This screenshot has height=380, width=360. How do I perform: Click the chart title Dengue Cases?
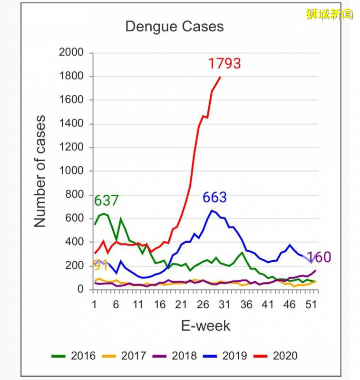point(174,27)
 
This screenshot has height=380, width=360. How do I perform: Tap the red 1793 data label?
point(224,63)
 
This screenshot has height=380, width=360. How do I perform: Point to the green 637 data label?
point(106,200)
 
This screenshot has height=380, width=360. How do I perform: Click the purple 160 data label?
point(319,257)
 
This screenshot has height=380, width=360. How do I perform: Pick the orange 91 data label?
point(100,265)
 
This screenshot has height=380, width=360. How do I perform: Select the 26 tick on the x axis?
point(203,304)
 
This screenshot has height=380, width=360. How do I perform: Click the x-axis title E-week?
point(205,326)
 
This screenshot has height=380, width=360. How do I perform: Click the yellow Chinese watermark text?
point(330,13)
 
